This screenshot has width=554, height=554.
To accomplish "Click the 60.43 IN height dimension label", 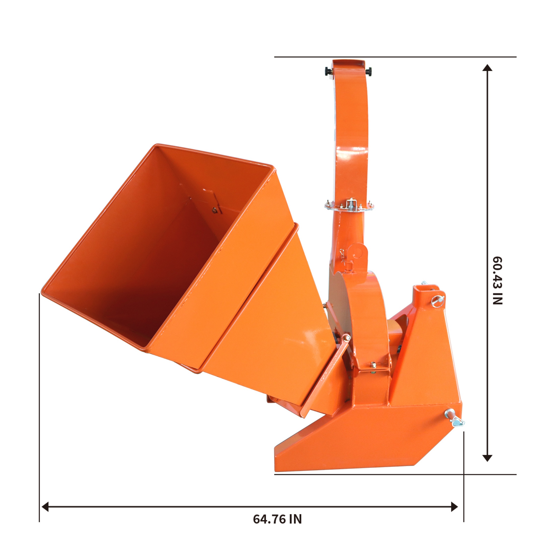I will pos(498,281).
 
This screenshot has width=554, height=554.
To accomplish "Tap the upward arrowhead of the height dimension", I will pos(487,68).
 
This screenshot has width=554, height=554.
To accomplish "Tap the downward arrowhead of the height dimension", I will pos(487,458).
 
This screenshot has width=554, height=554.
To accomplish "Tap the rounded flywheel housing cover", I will pos(367,310).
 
